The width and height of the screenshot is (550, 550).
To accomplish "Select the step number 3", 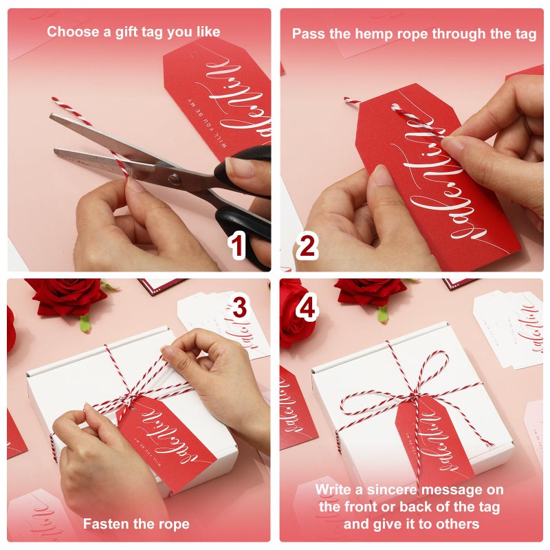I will coord(239,308).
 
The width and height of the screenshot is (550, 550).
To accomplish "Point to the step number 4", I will coord(307,308).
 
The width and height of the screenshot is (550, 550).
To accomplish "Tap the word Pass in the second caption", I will coord(307,34).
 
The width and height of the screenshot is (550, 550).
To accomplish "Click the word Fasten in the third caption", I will coord(106,524).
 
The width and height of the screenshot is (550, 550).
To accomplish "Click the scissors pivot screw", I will coord(174,180).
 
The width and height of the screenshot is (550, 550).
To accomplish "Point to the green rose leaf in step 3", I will coord(85,323).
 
